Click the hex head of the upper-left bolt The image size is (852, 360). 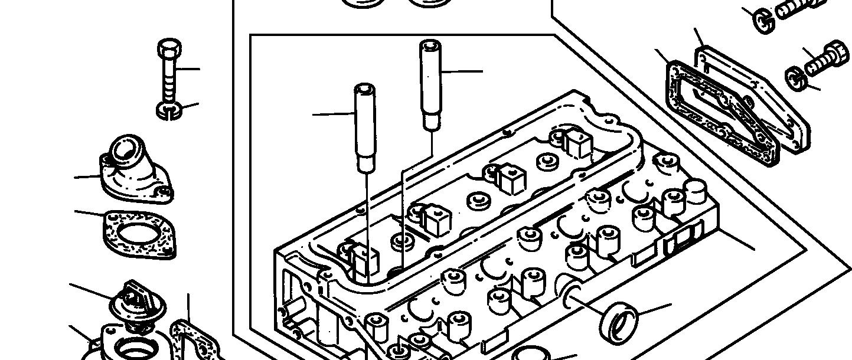169,48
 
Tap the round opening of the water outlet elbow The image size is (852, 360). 125,150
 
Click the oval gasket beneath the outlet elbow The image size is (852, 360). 139,234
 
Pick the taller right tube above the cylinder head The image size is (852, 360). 430,83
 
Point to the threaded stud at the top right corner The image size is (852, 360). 800,8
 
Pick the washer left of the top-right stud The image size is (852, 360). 765,22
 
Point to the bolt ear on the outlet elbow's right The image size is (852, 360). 165,192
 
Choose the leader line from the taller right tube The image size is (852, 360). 461,71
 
